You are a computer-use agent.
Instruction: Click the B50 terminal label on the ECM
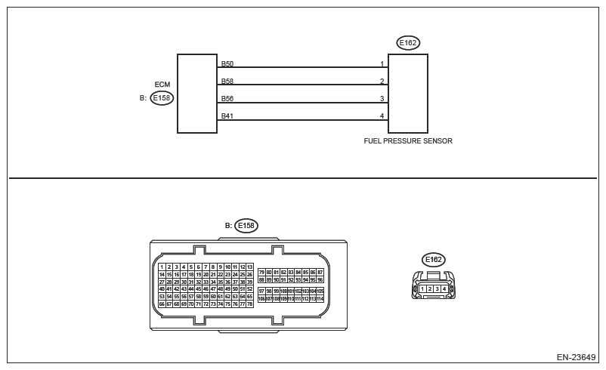coord(227,63)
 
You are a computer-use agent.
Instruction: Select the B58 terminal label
coord(227,81)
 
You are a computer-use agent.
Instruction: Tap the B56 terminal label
coord(227,98)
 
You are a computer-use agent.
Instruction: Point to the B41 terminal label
coord(227,116)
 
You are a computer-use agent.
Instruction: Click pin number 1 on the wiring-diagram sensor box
coord(382,63)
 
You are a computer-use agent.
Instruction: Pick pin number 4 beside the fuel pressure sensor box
coord(382,116)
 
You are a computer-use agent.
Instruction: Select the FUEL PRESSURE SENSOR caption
coord(408,141)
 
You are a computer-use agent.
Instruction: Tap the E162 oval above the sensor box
coord(408,43)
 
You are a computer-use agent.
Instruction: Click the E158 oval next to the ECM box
coord(162,98)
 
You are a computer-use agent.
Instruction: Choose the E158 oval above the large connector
coord(246,225)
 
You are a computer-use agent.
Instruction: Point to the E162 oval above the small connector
coord(434,260)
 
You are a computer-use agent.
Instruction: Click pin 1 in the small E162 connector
coord(422,288)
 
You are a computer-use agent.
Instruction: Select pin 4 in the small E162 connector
coord(444,288)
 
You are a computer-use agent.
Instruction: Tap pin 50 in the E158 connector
coord(235,288)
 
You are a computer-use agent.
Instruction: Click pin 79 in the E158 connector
coord(261,272)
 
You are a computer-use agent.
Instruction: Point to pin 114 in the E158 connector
coord(320,298)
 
